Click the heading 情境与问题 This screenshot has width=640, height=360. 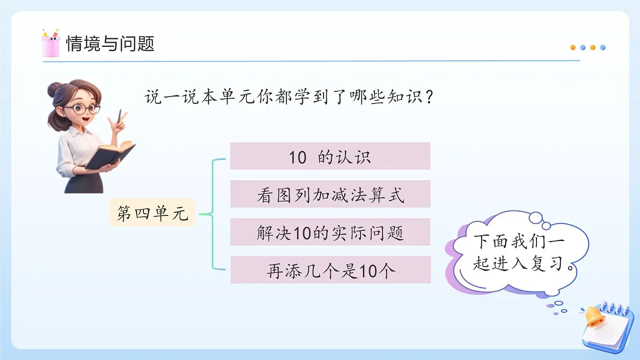(x=110, y=43)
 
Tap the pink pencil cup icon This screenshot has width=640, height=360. (x=50, y=44)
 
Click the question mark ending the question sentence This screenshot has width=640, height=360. (x=426, y=98)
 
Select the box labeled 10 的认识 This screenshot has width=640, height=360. (x=330, y=156)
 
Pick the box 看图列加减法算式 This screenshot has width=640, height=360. (x=330, y=194)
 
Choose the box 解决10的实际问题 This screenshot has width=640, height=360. (x=330, y=232)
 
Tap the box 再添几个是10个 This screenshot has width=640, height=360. (x=330, y=270)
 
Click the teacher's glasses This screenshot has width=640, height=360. (x=82, y=109)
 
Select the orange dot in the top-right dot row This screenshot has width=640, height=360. (x=573, y=47)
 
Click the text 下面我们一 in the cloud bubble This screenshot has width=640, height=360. (x=518, y=242)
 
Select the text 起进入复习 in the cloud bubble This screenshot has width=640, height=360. (x=518, y=264)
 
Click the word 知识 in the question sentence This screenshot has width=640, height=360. (x=402, y=98)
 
